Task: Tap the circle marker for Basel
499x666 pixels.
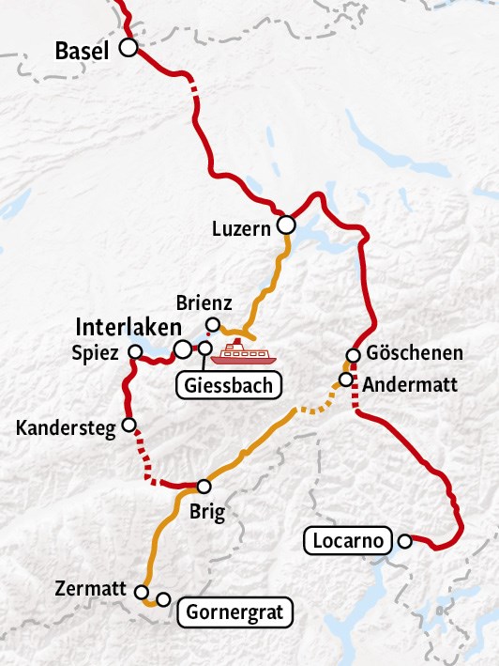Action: [x=128, y=46]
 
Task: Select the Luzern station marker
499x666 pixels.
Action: [x=286, y=225]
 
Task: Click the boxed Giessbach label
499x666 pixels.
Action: [x=228, y=384]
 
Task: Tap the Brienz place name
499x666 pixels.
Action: [x=200, y=304]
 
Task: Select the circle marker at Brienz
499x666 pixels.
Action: [x=213, y=325]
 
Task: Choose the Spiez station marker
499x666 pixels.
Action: [x=131, y=354]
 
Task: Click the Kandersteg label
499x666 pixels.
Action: [x=66, y=428]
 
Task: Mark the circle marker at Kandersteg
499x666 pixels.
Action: [x=129, y=425]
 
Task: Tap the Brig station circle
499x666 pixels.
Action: [x=204, y=487]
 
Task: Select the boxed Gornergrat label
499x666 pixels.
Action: [x=235, y=613]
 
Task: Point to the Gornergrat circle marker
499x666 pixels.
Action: [x=163, y=599]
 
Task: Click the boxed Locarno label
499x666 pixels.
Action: [x=347, y=541]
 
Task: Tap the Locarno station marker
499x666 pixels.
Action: [x=404, y=541]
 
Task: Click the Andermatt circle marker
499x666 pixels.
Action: [x=345, y=379]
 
